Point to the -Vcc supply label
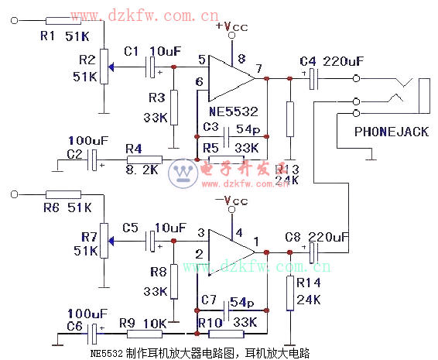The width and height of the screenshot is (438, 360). tap(234, 201)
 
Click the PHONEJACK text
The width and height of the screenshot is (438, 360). tap(391, 132)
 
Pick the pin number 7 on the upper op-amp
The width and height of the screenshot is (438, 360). tap(258, 69)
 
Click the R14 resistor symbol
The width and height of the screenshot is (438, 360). tap(289, 293)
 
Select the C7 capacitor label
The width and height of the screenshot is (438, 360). tap(209, 299)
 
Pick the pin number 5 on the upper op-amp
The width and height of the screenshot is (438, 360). tap(201, 60)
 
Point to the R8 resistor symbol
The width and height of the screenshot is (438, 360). tap(173, 280)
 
